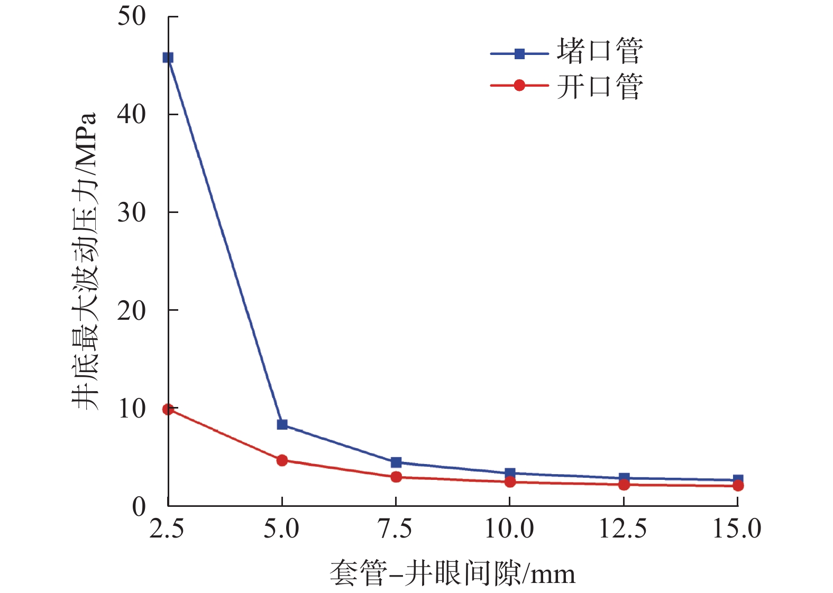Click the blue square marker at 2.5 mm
pos(168,58)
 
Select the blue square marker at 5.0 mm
pos(282,424)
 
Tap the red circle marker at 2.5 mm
pos(168,409)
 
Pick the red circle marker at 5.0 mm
pos(282,460)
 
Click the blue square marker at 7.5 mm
pos(396,462)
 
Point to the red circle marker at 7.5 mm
pos(396,477)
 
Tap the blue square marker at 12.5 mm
pos(624,478)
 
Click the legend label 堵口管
pos(600,51)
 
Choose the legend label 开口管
pos(600,87)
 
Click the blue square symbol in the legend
pos(519,53)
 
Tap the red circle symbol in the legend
pos(519,85)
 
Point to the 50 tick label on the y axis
pos(131,16)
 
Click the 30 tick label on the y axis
pos(131,212)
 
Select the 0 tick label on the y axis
pos(139,506)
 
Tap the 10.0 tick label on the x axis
pos(509,529)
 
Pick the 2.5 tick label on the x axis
pos(167,529)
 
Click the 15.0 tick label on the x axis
pos(737,529)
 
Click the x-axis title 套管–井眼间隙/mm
pos(452,573)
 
